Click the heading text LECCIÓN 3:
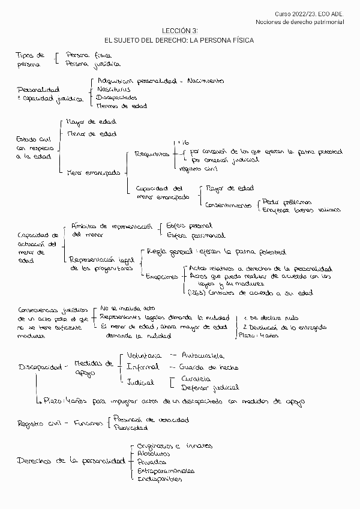179,30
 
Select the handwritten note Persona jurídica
93,63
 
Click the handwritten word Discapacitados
116,97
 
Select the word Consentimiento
228,205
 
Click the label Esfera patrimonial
196,235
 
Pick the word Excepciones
162,277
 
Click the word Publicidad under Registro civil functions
128,428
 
